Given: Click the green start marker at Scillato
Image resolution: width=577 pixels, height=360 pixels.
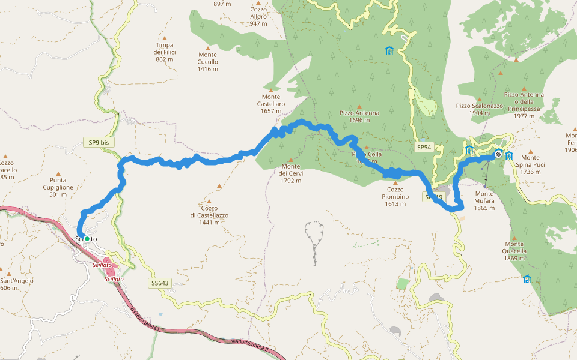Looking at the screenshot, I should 87,239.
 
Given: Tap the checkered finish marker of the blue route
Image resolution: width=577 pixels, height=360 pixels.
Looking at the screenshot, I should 498,154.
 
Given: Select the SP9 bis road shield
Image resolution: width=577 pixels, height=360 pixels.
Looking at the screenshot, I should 98,142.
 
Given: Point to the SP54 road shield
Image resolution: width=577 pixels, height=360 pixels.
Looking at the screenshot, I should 424,147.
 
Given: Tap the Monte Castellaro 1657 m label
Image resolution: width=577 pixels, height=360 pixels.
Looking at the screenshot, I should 270,104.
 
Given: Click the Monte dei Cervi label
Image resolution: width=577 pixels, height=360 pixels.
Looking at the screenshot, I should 291,173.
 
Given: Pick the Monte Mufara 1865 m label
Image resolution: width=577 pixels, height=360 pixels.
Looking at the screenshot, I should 484,200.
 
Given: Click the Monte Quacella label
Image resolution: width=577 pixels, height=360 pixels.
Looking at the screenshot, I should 515,251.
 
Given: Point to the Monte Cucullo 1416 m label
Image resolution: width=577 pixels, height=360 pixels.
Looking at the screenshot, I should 207,62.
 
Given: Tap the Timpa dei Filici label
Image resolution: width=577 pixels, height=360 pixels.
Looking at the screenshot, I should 164,52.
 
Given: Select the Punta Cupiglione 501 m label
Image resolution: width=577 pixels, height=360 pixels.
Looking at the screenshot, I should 58,187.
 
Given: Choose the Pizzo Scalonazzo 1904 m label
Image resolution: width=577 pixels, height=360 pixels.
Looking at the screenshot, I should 479,109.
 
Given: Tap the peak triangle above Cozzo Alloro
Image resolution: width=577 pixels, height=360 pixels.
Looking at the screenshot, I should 258,2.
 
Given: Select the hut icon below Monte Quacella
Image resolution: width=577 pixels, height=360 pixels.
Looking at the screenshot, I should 527,278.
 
